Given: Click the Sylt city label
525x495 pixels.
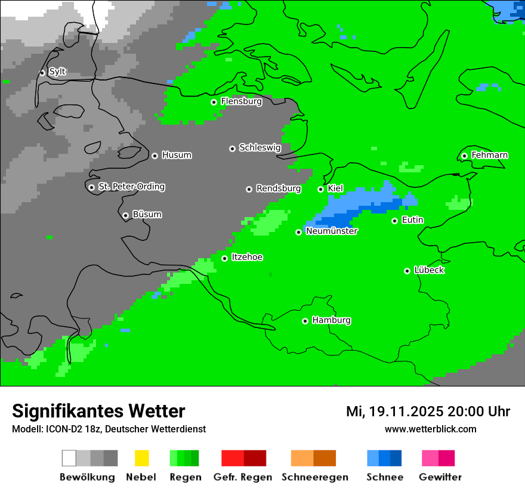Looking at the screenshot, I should (x=57, y=72).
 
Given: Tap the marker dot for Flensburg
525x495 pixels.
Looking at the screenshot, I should (x=214, y=102).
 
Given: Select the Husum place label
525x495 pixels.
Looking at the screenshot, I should (x=177, y=155).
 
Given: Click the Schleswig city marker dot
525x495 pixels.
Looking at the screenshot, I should (x=232, y=148).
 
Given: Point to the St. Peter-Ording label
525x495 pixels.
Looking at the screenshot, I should (x=131, y=187).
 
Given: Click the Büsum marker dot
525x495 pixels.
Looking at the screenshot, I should (x=125, y=215).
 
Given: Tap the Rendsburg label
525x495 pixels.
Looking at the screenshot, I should (x=279, y=188).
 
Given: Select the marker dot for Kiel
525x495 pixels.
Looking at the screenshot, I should (x=320, y=189).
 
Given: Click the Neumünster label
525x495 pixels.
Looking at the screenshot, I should (x=332, y=231).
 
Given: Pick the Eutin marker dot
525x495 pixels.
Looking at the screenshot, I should (x=394, y=221).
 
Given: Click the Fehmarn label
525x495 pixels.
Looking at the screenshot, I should (x=489, y=155).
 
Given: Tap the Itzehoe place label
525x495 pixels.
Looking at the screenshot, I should (x=247, y=257).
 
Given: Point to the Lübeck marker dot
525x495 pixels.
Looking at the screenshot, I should (x=407, y=271).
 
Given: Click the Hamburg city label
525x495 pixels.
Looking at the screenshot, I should (x=331, y=320).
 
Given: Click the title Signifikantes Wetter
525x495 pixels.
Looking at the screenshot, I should (x=98, y=411).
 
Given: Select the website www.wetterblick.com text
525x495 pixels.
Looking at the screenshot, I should (x=430, y=429).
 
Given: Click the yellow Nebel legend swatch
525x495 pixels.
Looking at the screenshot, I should (x=141, y=458).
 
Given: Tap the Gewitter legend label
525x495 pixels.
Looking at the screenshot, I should (x=440, y=477).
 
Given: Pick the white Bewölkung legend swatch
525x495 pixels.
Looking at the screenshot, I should (x=69, y=458).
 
